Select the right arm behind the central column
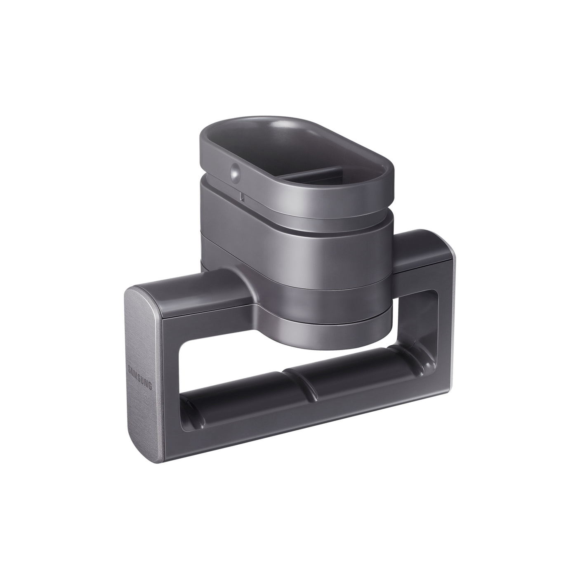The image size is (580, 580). click(417, 252)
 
